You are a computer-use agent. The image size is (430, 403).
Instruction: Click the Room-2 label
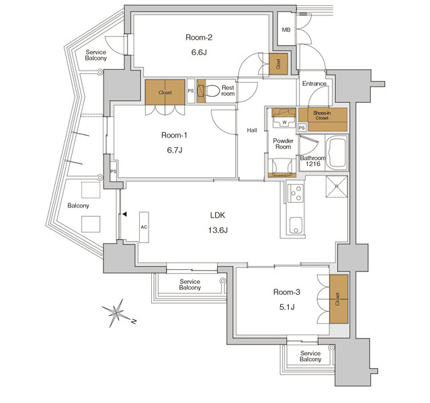[198, 37]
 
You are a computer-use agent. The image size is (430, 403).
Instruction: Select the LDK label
[217, 215]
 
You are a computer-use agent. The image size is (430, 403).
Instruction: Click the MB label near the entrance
[286, 30]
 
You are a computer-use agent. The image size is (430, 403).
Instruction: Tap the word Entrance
[314, 84]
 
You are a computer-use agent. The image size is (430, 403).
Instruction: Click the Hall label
[252, 130]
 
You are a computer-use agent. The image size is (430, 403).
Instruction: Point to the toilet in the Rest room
[213, 91]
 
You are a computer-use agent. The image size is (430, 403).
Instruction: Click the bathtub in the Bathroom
[335, 154]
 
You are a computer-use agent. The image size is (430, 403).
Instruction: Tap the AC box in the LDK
[144, 227]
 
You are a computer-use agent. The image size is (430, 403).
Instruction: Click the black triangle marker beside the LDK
[124, 215]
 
